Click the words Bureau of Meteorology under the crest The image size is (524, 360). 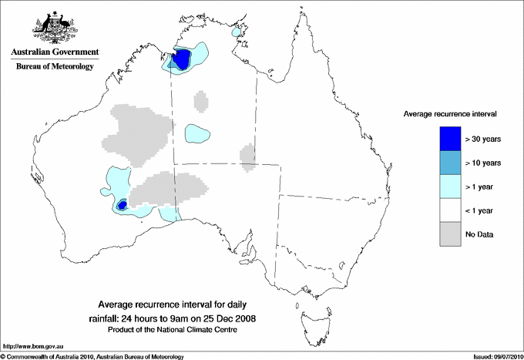tap(54, 67)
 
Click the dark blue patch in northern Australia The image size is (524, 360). tap(183, 59)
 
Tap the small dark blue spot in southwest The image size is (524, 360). tap(122, 205)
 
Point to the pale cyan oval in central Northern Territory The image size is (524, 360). tap(198, 134)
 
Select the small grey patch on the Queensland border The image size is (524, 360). tap(247, 157)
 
